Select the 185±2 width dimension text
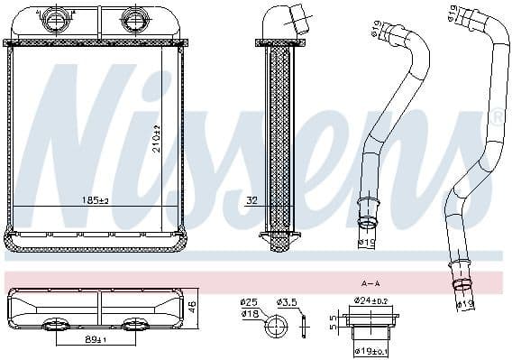[95, 199]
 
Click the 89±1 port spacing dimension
[96, 339]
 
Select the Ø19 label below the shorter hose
[368, 243]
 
